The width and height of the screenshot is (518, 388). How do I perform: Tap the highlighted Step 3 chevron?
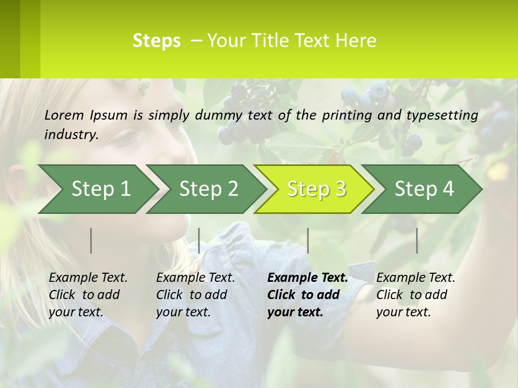tap(315, 189)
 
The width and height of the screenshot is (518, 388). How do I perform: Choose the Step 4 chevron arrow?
tap(423, 189)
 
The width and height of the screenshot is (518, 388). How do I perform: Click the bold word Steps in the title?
tap(156, 41)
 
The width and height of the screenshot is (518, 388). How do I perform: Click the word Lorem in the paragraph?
tap(64, 115)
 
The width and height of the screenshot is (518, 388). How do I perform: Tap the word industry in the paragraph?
tap(71, 135)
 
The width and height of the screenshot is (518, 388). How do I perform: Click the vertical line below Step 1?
tap(91, 240)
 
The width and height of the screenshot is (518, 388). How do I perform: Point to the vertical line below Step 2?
tap(199, 240)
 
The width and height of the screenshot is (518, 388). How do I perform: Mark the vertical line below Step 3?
tap(308, 240)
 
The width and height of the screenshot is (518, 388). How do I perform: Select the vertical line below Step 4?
tap(417, 240)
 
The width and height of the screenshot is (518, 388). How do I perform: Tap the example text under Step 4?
tap(415, 295)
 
